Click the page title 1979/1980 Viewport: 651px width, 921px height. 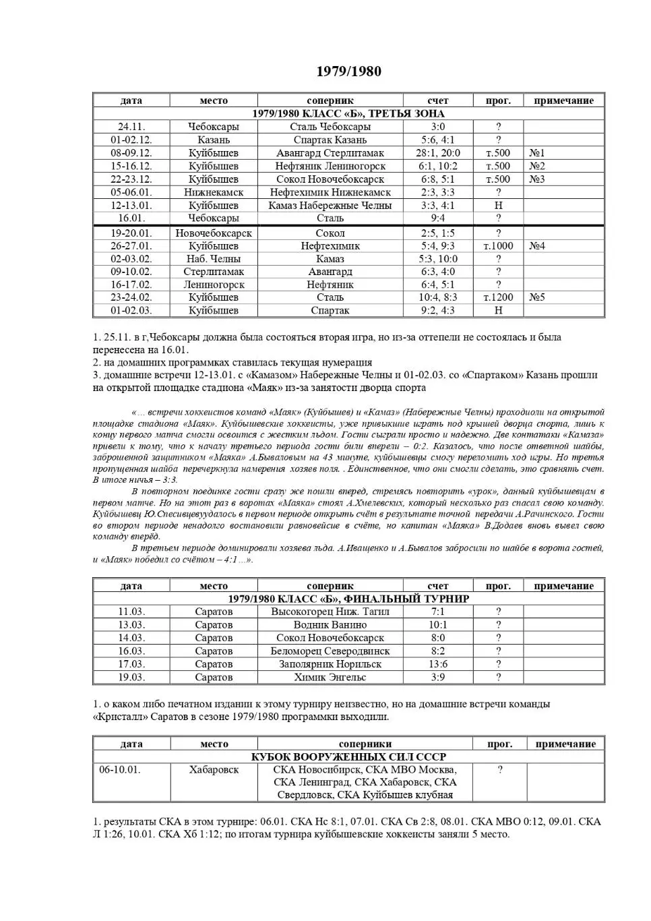[348, 71]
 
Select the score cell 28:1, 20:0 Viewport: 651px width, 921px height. [437, 153]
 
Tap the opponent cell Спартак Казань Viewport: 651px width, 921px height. [330, 140]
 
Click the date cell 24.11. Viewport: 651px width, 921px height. [131, 127]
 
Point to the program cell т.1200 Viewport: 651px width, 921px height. [498, 297]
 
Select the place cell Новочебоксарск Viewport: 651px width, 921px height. [214, 233]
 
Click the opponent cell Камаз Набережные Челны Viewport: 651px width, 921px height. [330, 206]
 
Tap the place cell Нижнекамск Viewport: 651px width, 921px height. [214, 192]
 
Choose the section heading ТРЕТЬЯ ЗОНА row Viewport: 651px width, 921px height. [348, 113]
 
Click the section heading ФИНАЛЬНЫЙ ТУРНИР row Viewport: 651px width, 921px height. [348, 599]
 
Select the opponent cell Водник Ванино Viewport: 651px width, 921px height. [330, 625]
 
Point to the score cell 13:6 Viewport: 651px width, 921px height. [437, 664]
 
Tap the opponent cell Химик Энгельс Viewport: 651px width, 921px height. [330, 677]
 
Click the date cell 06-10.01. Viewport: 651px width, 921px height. [120, 770]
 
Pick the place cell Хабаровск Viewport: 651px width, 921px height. [214, 770]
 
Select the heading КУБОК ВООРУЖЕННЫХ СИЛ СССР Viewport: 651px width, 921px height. [348, 756]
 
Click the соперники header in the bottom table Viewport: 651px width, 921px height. [365, 744]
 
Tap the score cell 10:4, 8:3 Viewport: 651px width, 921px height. [437, 297]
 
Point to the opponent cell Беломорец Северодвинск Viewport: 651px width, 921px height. [330, 651]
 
